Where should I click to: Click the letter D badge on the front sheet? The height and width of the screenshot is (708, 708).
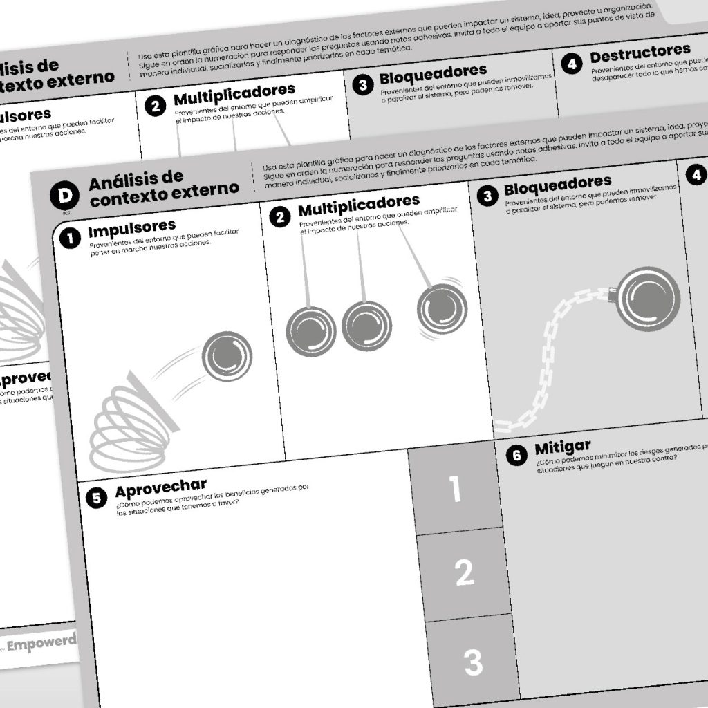coord(65,196)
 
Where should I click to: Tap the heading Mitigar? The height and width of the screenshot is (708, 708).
coord(562,448)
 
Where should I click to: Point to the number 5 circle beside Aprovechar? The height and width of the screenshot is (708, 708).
coord(97,497)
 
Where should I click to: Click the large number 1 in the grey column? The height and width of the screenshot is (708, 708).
coord(454,489)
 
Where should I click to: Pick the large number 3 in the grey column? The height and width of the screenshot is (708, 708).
coord(473,662)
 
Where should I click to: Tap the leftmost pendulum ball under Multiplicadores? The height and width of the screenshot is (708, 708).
coord(310,331)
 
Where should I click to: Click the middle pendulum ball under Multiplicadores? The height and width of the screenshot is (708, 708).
coord(366,325)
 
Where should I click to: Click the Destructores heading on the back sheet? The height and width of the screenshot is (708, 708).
coord(640,52)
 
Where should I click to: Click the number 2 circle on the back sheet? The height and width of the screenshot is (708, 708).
coord(156,106)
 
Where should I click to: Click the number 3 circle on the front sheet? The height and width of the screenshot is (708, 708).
coord(487,196)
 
